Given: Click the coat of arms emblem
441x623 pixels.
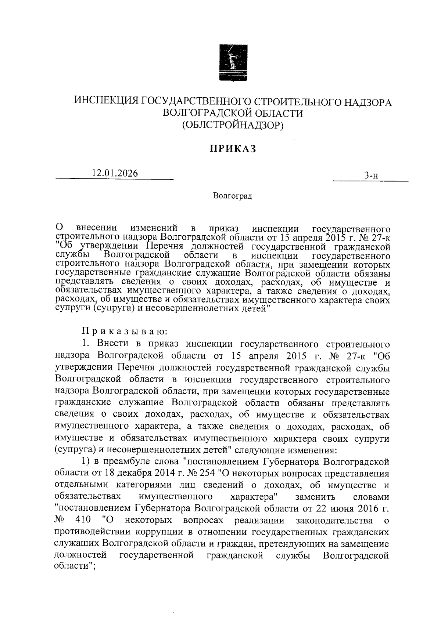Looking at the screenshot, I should (233, 62).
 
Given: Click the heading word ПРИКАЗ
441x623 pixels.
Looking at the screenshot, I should (233, 149).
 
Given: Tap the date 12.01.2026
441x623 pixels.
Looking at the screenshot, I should (115, 173).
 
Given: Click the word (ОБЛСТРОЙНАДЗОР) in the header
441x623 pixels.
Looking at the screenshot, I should (233, 126).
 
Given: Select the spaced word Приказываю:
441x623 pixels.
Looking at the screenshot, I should (125, 332).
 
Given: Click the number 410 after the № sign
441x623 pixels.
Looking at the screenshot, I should (82, 521).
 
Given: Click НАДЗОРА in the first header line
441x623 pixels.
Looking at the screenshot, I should (364, 102).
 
